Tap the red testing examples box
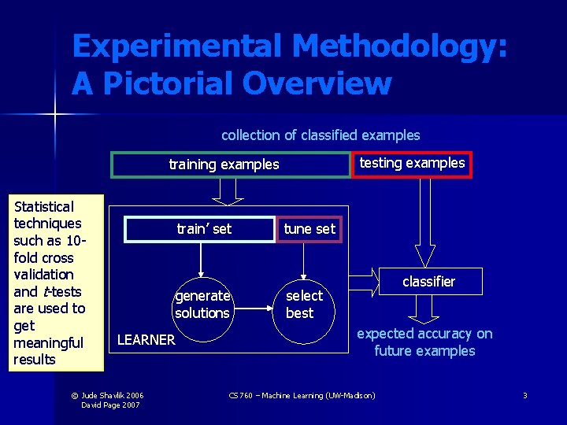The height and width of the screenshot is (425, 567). pyautogui.click(x=412, y=164)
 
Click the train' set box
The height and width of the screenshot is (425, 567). pyautogui.click(x=204, y=229)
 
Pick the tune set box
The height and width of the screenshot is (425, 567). pyautogui.click(x=309, y=229)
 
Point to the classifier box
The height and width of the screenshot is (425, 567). pyautogui.click(x=428, y=281)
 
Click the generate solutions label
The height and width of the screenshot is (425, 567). pyautogui.click(x=202, y=305)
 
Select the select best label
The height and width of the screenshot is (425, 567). pyautogui.click(x=303, y=305)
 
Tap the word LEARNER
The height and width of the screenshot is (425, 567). pyautogui.click(x=146, y=340)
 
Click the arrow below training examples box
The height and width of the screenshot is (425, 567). pyautogui.click(x=227, y=190)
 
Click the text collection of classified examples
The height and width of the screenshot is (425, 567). pyautogui.click(x=321, y=135)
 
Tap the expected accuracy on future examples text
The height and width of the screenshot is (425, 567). pyautogui.click(x=424, y=342)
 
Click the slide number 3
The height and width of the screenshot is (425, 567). pyautogui.click(x=524, y=395)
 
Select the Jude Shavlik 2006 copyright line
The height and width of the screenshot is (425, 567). pyautogui.click(x=113, y=395)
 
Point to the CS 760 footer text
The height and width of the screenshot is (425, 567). pyautogui.click(x=302, y=395)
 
